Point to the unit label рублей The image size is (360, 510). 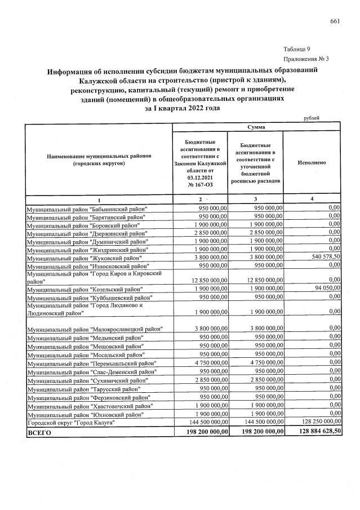[x=311, y=118]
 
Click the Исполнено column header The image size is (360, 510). [x=312, y=163]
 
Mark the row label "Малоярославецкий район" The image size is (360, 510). [x=95, y=329]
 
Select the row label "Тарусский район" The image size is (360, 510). [x=85, y=389]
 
